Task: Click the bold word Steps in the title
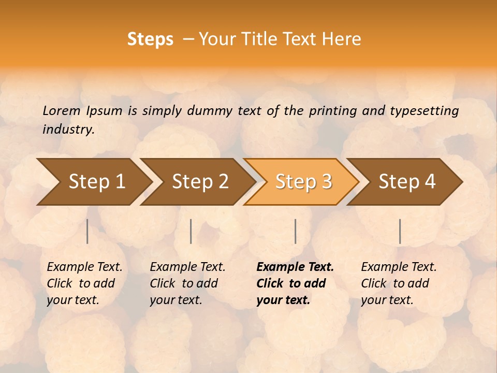point(150,39)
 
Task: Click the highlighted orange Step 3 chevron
point(303,182)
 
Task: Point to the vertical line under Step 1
point(87,231)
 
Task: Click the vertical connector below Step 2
point(191,231)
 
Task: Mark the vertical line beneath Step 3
point(295,231)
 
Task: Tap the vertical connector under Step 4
point(400,231)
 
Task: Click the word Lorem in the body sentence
point(62,111)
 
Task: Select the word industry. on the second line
point(68,130)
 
